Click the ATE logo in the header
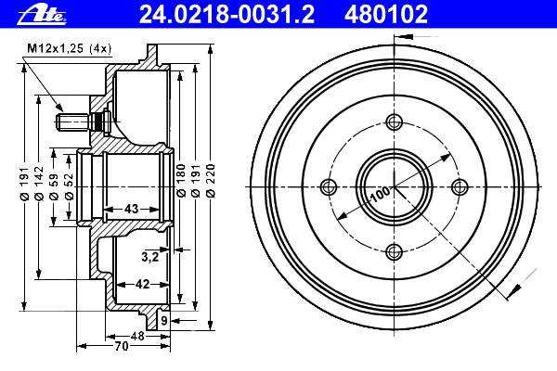tap(42, 15)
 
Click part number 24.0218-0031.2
tap(227, 14)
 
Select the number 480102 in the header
tap(386, 14)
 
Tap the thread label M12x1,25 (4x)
tap(70, 48)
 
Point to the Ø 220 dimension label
tap(211, 180)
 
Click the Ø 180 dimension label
tap(181, 180)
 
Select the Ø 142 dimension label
tap(39, 184)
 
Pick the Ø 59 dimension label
tap(54, 186)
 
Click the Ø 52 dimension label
tap(69, 186)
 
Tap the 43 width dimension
tap(131, 209)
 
